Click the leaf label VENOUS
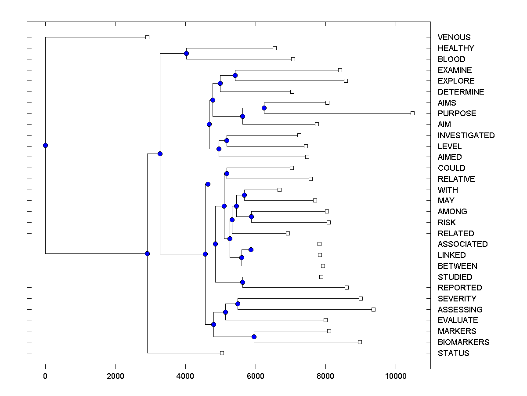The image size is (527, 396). (x=454, y=37)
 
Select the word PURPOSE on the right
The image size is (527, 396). (x=457, y=114)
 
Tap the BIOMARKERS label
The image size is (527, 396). (x=463, y=342)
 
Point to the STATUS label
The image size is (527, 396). (x=453, y=353)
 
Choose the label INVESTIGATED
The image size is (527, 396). (x=466, y=136)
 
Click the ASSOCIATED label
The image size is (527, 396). (x=462, y=244)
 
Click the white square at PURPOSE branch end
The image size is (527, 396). (x=412, y=114)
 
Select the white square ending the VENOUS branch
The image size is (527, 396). (x=148, y=37)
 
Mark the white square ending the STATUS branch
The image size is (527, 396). (x=222, y=353)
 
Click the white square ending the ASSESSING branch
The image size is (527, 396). (x=373, y=309)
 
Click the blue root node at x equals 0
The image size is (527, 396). (x=45, y=146)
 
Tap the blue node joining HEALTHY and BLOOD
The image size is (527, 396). (x=186, y=54)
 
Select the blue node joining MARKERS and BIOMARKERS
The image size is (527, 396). (x=254, y=337)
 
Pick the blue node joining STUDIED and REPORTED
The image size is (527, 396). (x=242, y=282)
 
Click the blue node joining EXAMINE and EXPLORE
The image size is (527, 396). (x=235, y=75)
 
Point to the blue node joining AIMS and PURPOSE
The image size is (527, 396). (x=264, y=108)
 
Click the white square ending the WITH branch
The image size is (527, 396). (x=279, y=190)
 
